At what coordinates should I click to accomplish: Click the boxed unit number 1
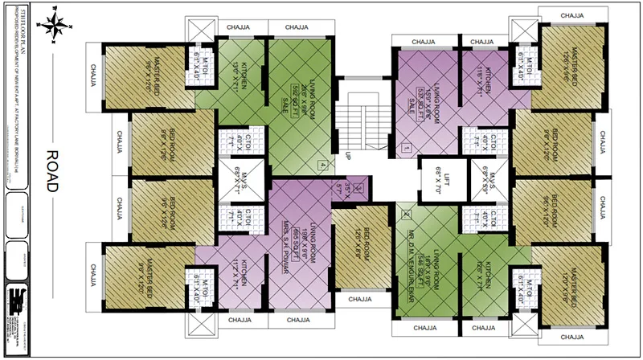(407, 149)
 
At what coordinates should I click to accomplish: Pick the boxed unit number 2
(406, 215)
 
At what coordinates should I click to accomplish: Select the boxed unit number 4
(322, 166)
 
